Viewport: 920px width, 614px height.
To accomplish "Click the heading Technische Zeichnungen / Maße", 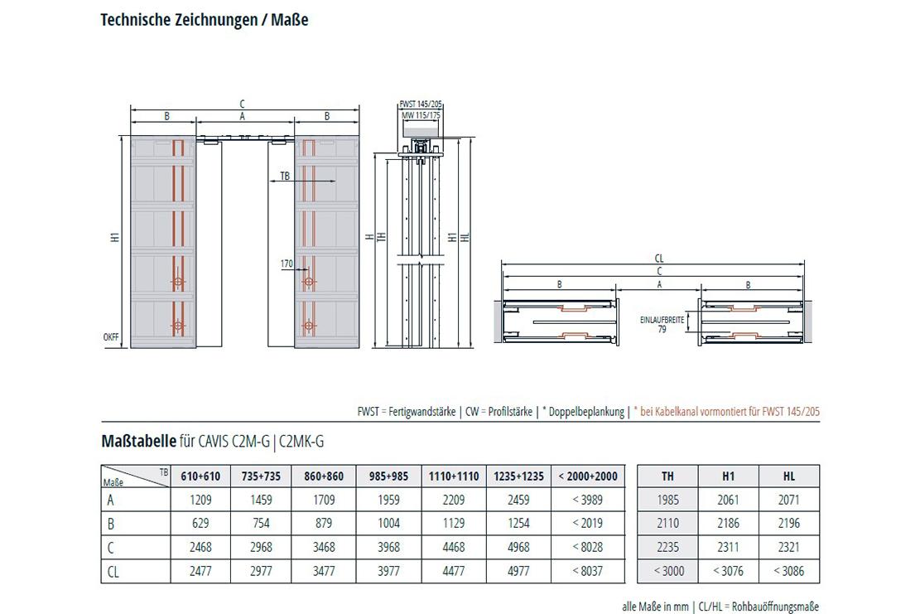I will click(x=204, y=21).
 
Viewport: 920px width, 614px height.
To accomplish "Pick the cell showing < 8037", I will click(x=587, y=570).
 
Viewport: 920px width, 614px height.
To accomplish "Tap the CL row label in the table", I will click(x=113, y=571).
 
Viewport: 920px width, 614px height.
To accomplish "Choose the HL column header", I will click(x=788, y=476).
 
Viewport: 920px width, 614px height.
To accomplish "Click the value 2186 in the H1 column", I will click(x=728, y=523).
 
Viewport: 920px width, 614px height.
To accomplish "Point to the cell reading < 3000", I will click(x=667, y=570).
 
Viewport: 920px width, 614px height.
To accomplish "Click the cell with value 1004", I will click(x=388, y=523).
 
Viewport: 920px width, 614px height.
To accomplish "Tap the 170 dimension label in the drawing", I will click(x=287, y=264).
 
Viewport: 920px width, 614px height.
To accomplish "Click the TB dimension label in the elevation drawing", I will click(x=285, y=176).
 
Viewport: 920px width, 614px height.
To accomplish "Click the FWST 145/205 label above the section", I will click(x=421, y=104).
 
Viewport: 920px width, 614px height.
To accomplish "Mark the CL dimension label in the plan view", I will click(x=658, y=259).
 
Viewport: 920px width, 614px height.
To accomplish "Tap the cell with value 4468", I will click(x=455, y=547).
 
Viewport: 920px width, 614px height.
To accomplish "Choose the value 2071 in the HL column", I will click(x=788, y=500).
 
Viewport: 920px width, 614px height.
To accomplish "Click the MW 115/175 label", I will click(x=421, y=116).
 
